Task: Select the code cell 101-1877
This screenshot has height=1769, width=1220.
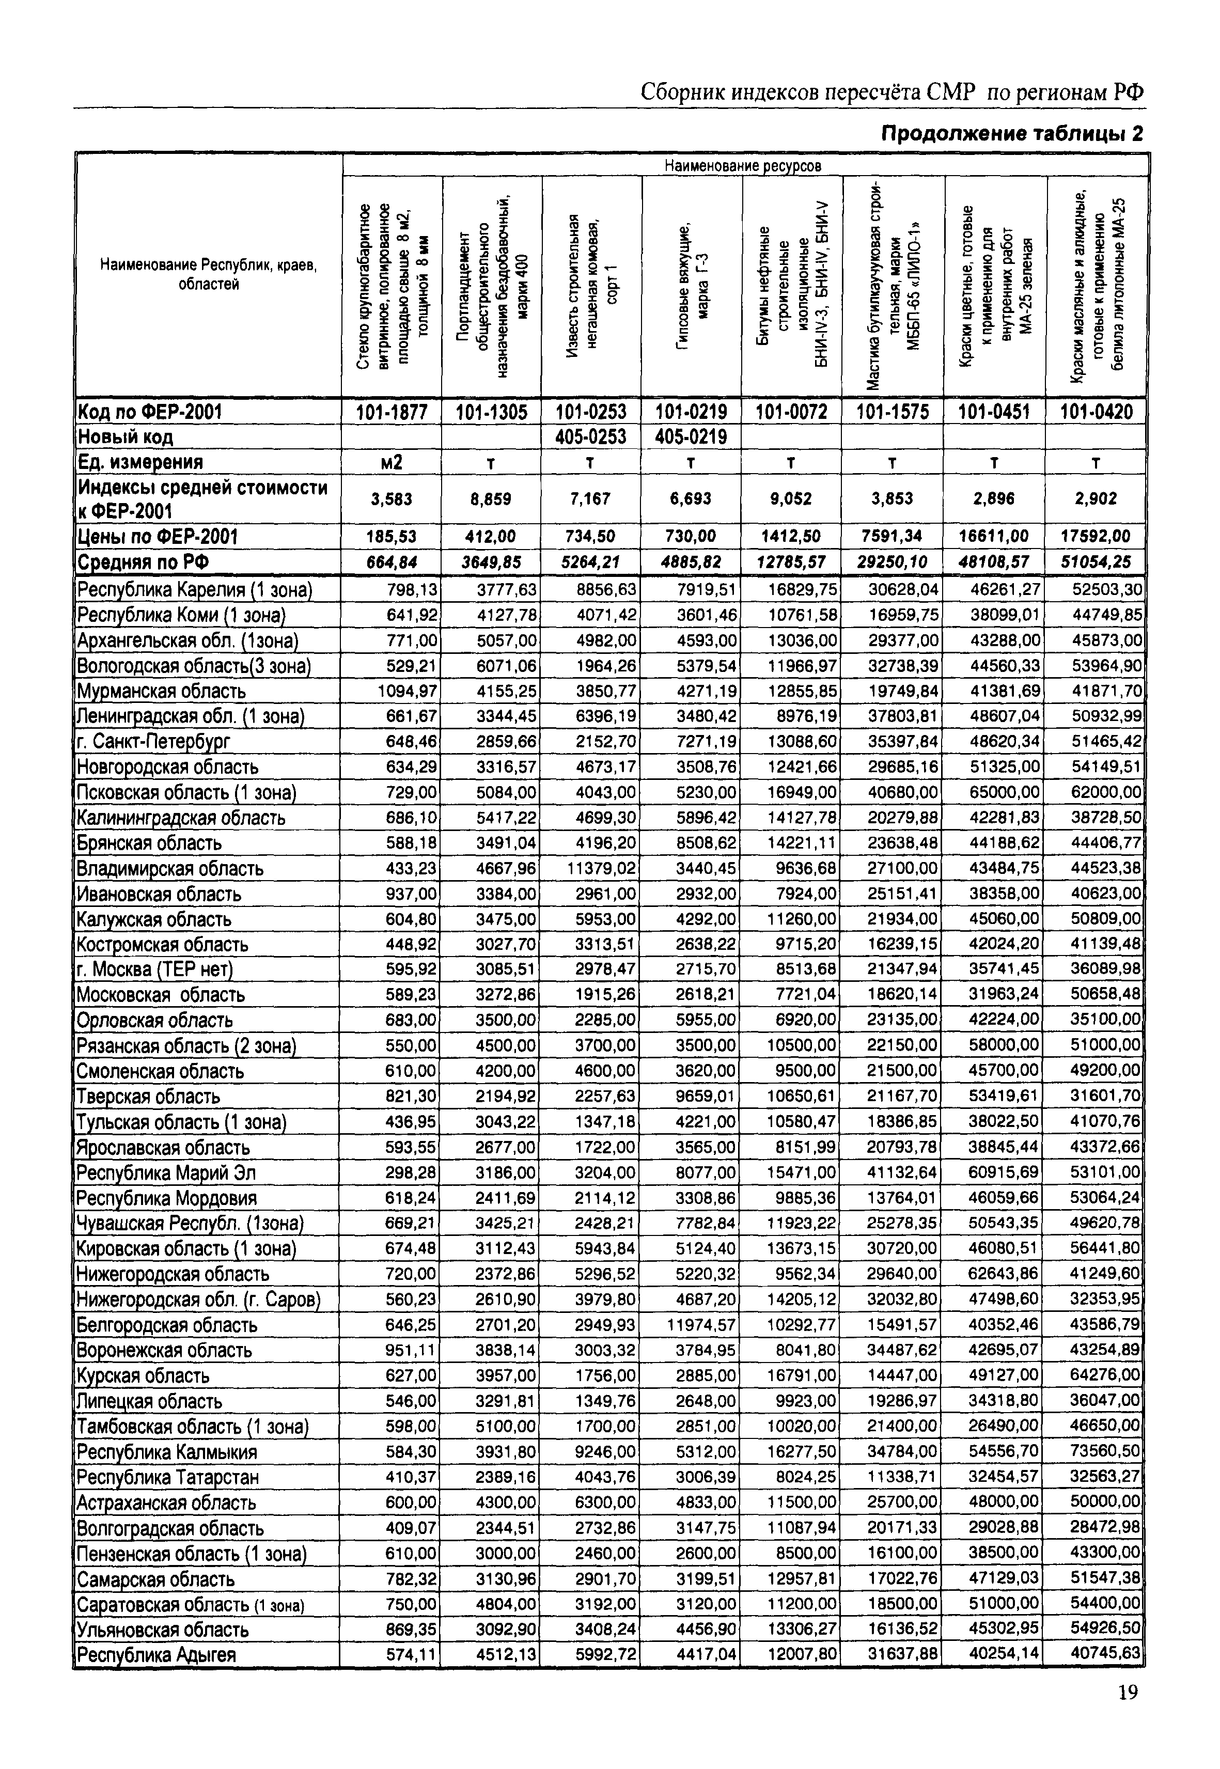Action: pyautogui.click(x=390, y=413)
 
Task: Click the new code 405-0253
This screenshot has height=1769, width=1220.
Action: pyautogui.click(x=591, y=437)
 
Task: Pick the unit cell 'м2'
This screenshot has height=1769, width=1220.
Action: pyautogui.click(x=390, y=462)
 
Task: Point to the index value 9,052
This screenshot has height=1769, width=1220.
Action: pyautogui.click(x=791, y=499)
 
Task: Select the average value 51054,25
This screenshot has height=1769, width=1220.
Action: pyautogui.click(x=1096, y=562)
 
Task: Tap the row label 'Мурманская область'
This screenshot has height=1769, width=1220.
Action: pyautogui.click(x=161, y=691)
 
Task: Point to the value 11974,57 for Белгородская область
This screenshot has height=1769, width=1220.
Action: pyautogui.click(x=702, y=1325)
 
